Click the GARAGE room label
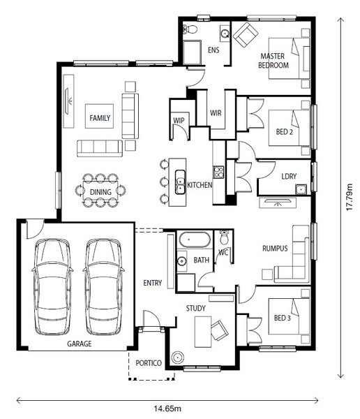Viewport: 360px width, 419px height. tap(80, 344)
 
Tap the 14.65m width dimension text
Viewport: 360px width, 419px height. tap(167, 409)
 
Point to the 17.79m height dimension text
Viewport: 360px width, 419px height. tap(350, 197)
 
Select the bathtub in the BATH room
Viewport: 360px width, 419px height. tap(195, 239)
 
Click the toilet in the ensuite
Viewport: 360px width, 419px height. tap(190, 29)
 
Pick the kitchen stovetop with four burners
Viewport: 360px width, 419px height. tap(218, 172)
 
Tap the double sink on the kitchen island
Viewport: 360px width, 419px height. tap(180, 182)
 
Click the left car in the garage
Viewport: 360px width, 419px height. tap(52, 287)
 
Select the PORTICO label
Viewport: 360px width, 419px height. tap(149, 363)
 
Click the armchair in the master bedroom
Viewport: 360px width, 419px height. tap(246, 34)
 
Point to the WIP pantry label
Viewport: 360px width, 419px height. tap(179, 121)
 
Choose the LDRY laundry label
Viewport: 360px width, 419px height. tap(289, 177)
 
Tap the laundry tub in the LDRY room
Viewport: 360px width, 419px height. tap(301, 189)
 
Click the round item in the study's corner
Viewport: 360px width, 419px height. tap(177, 358)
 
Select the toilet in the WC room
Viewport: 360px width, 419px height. tap(224, 237)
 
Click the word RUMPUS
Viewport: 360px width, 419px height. tap(275, 249)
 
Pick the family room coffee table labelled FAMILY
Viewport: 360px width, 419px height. tap(99, 116)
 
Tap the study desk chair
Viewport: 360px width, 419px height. tap(220, 330)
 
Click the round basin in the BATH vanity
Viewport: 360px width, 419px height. tap(182, 260)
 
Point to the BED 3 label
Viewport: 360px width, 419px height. tap(283, 318)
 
